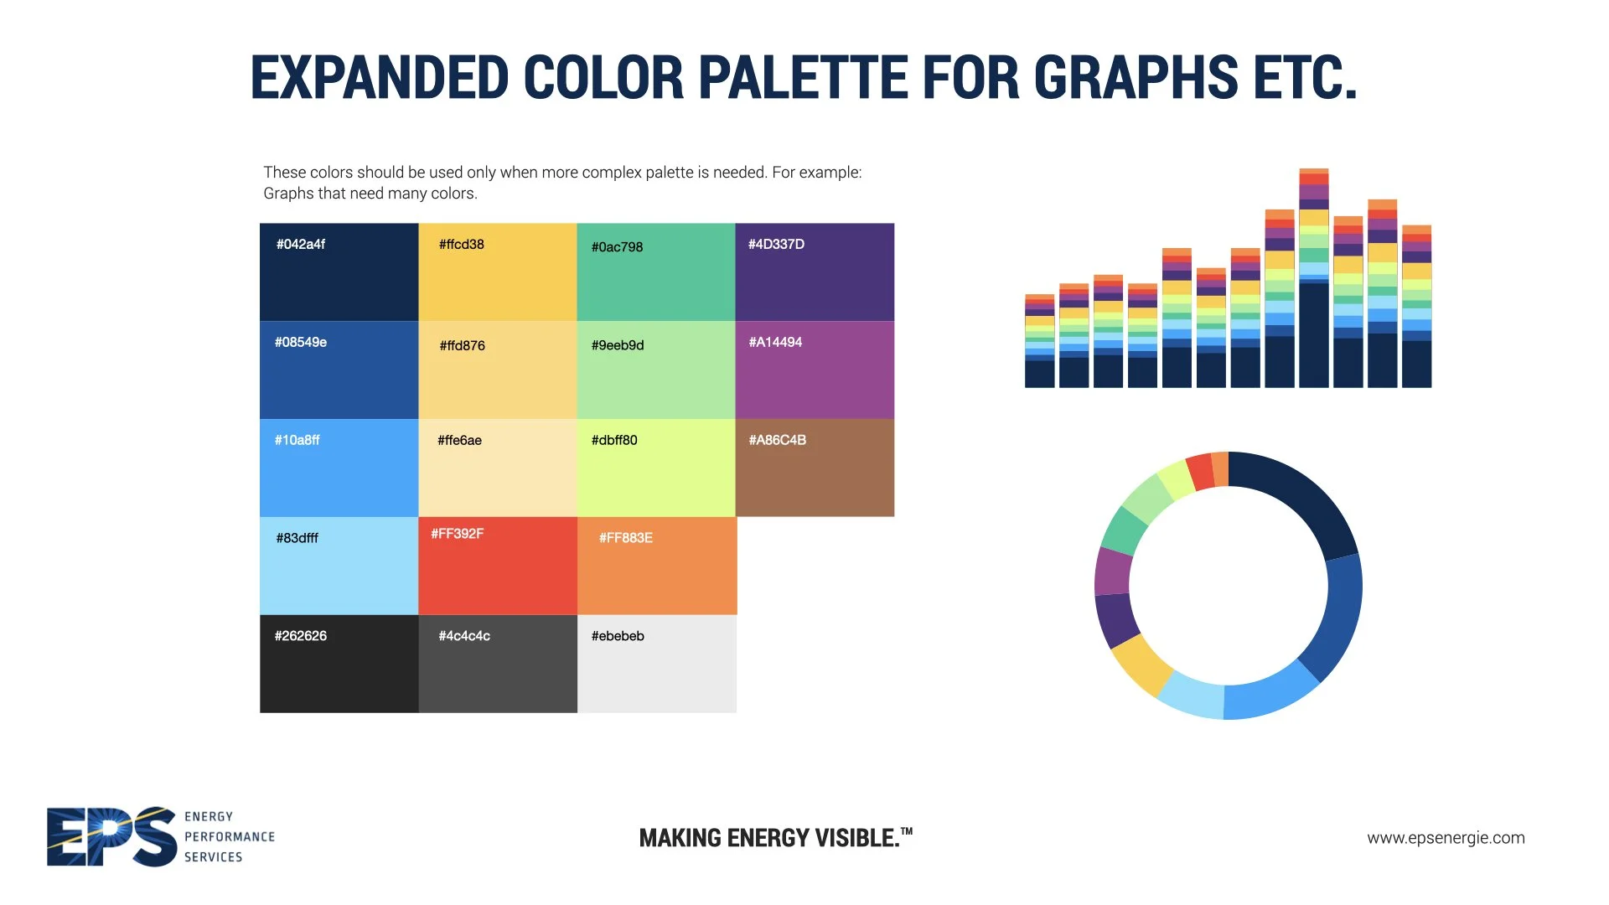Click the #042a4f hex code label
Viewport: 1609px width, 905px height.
coord(300,245)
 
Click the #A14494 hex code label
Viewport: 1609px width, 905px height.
coord(775,342)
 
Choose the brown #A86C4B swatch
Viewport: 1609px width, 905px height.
coord(815,473)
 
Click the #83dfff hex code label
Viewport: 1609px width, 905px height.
coord(297,538)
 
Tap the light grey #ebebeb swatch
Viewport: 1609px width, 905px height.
coord(657,670)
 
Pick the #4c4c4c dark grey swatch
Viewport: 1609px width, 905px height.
coord(498,670)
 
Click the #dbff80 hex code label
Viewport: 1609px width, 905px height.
coord(614,440)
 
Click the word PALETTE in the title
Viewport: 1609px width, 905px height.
coord(803,78)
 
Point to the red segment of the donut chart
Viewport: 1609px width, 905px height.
coord(1200,472)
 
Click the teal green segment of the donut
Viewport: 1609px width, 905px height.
coord(1124,530)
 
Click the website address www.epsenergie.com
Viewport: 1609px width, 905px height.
coord(1446,838)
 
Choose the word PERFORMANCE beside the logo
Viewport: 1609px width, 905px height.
coord(230,837)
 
